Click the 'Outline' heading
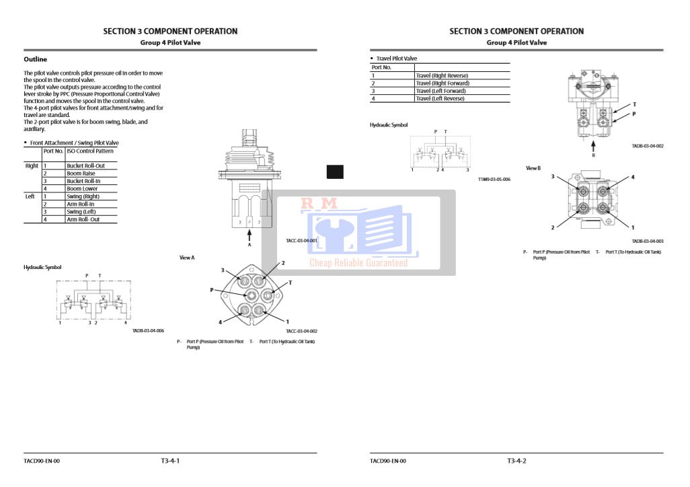click(x=35, y=59)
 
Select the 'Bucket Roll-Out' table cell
click(x=85, y=165)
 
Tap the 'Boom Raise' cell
click(x=81, y=174)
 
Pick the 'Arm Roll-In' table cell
click(x=80, y=204)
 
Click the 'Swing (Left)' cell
click(x=81, y=212)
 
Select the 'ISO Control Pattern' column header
click(x=89, y=151)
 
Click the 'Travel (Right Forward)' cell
click(x=443, y=83)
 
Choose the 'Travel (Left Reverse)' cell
click(x=440, y=99)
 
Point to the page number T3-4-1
click(x=170, y=461)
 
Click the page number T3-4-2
click(x=516, y=461)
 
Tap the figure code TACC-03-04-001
click(x=301, y=240)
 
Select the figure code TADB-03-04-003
click(x=648, y=241)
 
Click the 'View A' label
click(x=187, y=258)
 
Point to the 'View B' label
click(x=533, y=168)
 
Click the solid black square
click(x=335, y=172)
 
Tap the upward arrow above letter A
click(x=250, y=235)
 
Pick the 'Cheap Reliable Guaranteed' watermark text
click(x=358, y=263)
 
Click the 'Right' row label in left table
click(x=32, y=165)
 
